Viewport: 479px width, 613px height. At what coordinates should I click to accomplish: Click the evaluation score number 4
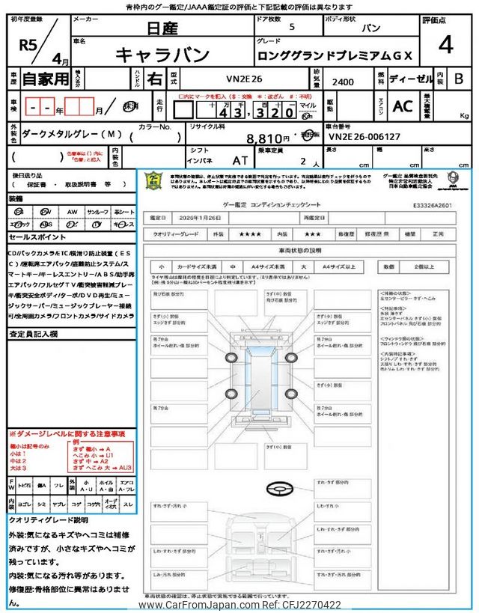[446, 45]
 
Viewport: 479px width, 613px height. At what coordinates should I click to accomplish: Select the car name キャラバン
[161, 55]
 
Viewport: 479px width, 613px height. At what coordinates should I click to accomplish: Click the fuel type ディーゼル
[409, 78]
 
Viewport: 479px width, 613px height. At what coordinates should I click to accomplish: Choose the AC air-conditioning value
[403, 107]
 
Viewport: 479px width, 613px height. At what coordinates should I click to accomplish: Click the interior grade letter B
[459, 78]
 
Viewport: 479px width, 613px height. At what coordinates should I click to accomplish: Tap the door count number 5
[291, 27]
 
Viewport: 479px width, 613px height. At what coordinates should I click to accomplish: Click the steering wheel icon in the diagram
[275, 490]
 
